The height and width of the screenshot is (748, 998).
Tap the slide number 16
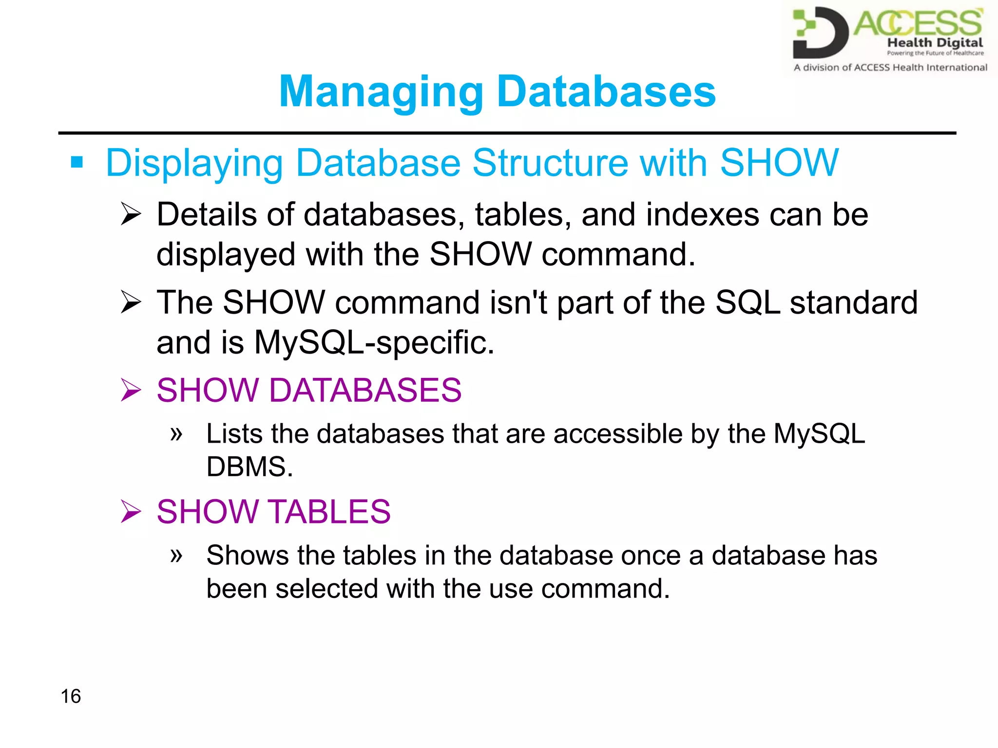pos(71,696)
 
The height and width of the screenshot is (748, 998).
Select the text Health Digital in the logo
pos(935,42)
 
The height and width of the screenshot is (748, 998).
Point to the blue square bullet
pos(77,162)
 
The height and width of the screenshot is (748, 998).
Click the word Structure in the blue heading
pos(550,163)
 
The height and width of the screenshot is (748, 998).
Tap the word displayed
pos(226,254)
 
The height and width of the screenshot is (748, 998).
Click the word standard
pos(853,302)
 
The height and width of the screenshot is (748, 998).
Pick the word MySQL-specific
pos(374,342)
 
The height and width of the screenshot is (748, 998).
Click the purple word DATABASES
pos(365,390)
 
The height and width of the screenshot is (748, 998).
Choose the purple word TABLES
pos(329,512)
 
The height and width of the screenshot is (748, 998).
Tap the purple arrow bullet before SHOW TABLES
pos(131,512)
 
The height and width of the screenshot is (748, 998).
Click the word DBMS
pos(249,467)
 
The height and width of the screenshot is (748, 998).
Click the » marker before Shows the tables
pos(176,555)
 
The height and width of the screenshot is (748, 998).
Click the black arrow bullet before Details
pos(131,214)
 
